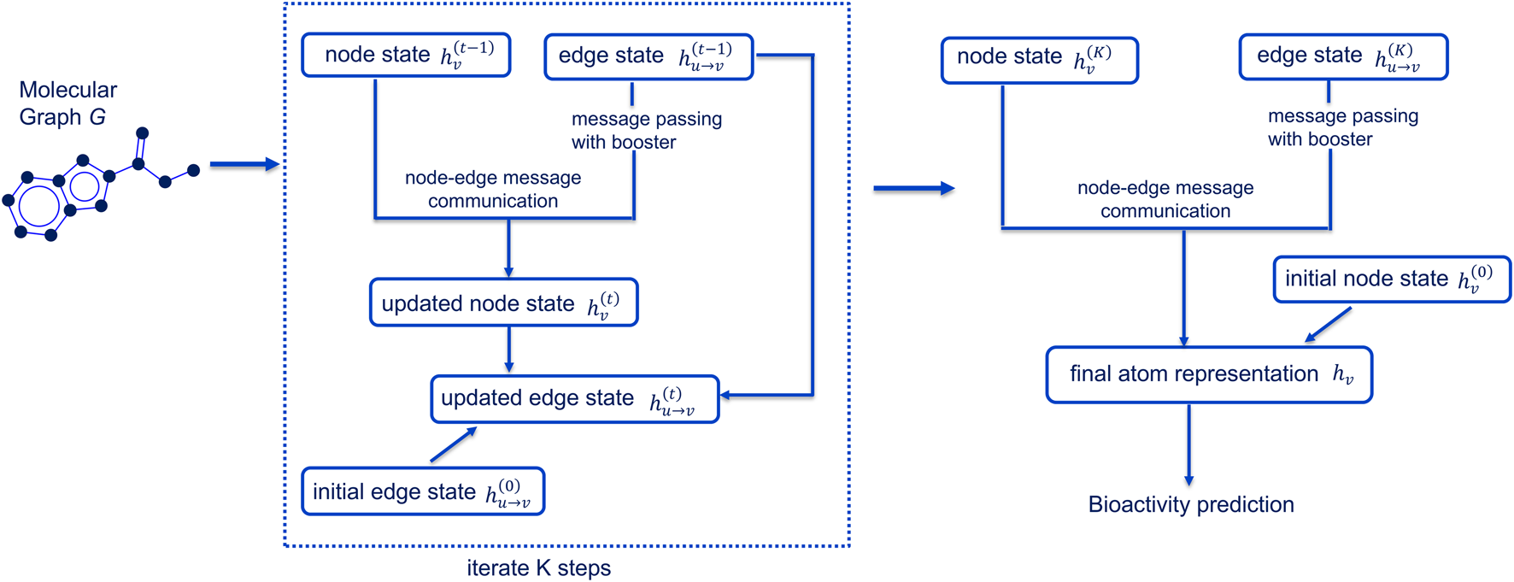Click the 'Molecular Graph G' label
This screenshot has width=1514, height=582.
pyautogui.click(x=67, y=103)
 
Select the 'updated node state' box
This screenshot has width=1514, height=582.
pyautogui.click(x=503, y=303)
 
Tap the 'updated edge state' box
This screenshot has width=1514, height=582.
pyautogui.click(x=574, y=399)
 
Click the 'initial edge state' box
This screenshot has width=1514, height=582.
pyautogui.click(x=423, y=491)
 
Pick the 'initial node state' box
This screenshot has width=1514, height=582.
pyautogui.click(x=1391, y=279)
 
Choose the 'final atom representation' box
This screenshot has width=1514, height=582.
pyautogui.click(x=1208, y=374)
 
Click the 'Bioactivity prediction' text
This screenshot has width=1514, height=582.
pyautogui.click(x=1190, y=504)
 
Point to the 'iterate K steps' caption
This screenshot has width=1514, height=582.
pyautogui.click(x=538, y=567)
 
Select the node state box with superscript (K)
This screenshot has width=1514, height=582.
pyautogui.click(x=1039, y=60)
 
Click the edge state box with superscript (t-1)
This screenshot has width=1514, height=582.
pyautogui.click(x=648, y=57)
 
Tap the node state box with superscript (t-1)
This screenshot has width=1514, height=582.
pyautogui.click(x=406, y=56)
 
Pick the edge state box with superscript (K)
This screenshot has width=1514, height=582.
pyautogui.click(x=1342, y=57)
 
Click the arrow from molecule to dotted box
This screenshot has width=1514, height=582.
pyautogui.click(x=244, y=164)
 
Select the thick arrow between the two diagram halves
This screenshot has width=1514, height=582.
pyautogui.click(x=913, y=188)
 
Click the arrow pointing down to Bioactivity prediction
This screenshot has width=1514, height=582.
pyautogui.click(x=1188, y=444)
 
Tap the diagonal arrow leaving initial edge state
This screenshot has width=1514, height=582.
pyautogui.click(x=453, y=445)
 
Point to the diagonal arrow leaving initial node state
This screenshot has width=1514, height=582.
pyautogui.click(x=1328, y=326)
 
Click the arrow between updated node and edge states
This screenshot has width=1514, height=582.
pyautogui.click(x=508, y=349)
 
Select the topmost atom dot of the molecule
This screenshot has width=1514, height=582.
pyautogui.click(x=143, y=133)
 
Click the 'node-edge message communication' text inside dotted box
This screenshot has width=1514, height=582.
pyautogui.click(x=493, y=189)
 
